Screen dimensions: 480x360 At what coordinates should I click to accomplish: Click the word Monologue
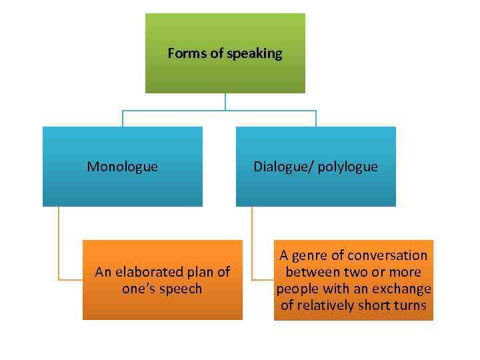pos(123,167)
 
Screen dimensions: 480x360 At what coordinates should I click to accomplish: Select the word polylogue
pos(347,167)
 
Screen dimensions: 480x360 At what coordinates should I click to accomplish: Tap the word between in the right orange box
pos(312,272)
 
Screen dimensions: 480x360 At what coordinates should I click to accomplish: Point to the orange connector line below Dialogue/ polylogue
pos(252,247)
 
